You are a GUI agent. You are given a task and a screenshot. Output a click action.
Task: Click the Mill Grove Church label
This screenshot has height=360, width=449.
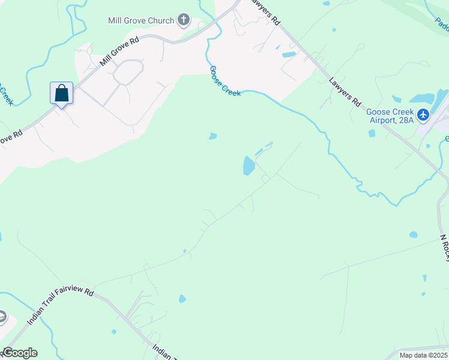(140, 20)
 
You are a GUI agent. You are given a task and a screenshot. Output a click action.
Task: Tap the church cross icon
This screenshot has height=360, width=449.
(184, 20)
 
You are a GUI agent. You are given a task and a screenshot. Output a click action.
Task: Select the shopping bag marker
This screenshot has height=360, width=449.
(61, 94)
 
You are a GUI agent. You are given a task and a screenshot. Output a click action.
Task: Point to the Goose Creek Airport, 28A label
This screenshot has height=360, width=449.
(390, 116)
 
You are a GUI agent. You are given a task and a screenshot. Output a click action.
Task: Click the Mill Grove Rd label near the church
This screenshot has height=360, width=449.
(119, 51)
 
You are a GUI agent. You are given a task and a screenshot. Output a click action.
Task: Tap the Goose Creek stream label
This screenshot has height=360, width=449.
(224, 81)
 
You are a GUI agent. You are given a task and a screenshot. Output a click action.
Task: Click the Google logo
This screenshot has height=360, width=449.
(19, 353)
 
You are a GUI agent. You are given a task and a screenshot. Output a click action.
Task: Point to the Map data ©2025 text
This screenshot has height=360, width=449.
(424, 355)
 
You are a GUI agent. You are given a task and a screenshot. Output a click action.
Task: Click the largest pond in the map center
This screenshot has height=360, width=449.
(249, 165)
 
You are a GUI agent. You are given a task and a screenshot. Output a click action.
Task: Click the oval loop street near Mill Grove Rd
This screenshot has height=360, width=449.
(128, 73)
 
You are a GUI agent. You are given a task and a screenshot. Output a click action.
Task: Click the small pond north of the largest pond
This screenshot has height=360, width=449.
(212, 136)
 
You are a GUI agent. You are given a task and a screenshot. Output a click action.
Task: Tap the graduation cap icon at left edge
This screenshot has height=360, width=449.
(2, 317)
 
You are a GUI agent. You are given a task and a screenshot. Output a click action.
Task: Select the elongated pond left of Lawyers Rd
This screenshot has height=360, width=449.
(289, 55)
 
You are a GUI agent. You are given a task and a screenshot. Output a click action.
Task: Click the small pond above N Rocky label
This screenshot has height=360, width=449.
(413, 235)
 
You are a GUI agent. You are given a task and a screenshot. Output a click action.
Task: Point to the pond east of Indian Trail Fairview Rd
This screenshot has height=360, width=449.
(182, 298)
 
